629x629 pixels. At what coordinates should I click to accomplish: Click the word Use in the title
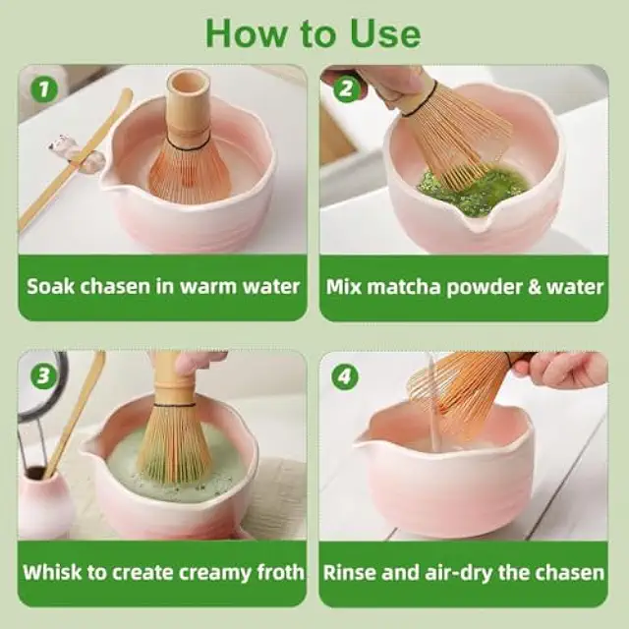pyautogui.click(x=385, y=33)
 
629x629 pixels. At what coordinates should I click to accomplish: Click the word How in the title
pyautogui.click(x=246, y=33)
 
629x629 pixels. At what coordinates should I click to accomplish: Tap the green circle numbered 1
pyautogui.click(x=44, y=89)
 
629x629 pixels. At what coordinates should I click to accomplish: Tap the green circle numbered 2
pyautogui.click(x=346, y=89)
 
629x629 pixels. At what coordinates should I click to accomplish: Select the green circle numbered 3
pyautogui.click(x=43, y=375)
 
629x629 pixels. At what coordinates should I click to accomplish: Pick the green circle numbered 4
pyautogui.click(x=345, y=375)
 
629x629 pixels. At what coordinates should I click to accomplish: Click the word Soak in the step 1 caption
pyautogui.click(x=50, y=286)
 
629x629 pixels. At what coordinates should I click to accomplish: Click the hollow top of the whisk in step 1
pyautogui.click(x=189, y=84)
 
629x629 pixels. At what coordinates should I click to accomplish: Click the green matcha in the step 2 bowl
pyautogui.click(x=474, y=188)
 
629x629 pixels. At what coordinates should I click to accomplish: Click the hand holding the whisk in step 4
pyautogui.click(x=561, y=369)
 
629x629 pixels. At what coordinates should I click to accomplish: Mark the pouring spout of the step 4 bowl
pyautogui.click(x=364, y=438)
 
